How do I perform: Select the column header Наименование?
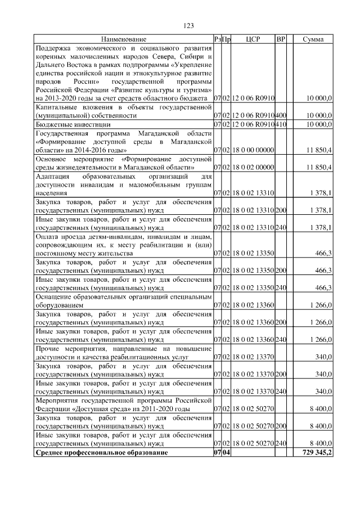124,39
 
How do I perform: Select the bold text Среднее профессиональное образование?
101,453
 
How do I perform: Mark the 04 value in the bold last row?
226,453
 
